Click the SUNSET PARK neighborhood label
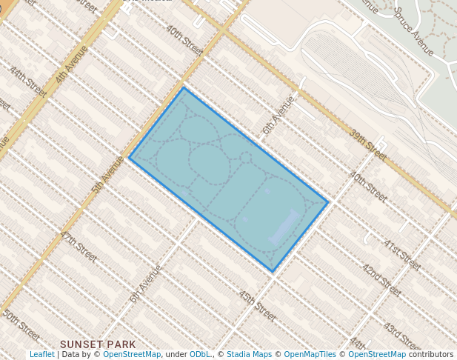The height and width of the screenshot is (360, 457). click(98, 344)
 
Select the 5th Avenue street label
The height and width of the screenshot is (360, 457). click(108, 175)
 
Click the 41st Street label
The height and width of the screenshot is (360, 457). click(402, 254)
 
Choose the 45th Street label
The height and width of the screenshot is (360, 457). click(257, 305)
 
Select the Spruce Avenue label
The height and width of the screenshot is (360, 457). click(413, 32)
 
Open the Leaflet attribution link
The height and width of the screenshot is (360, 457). click(41, 354)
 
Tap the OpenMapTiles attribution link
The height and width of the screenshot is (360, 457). click(311, 354)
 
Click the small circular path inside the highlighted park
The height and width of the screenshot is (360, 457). click(246, 157)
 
